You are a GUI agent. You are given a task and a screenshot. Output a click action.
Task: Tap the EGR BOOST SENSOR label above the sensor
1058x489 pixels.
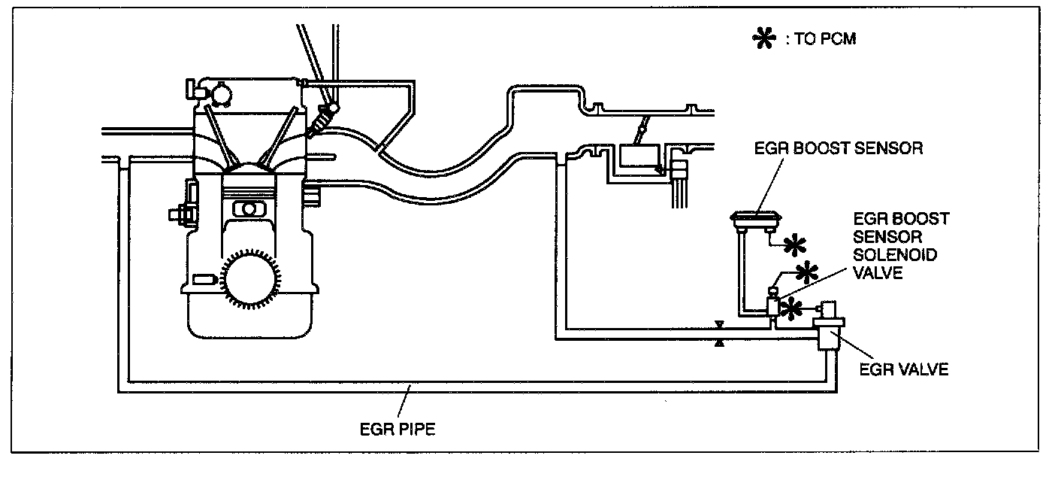point(838,147)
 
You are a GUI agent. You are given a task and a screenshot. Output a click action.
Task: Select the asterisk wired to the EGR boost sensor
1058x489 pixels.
point(794,244)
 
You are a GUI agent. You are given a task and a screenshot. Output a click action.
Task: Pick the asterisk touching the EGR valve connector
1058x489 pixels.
point(791,307)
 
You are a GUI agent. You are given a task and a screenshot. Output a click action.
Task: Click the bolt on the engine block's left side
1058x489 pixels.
point(179,214)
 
